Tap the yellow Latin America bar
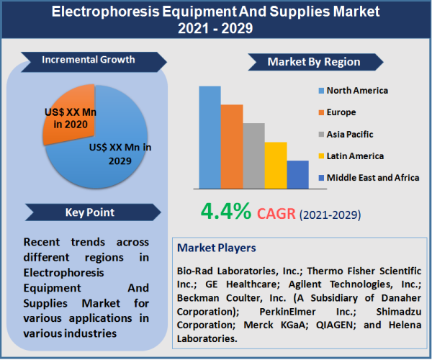[x=276, y=164]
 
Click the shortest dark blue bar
[x=297, y=174]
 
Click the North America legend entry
[x=352, y=91]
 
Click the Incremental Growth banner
[x=89, y=60]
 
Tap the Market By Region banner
[x=313, y=62]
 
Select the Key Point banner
[x=89, y=212]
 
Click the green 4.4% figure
[x=226, y=211]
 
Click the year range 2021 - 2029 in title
[x=216, y=31]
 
